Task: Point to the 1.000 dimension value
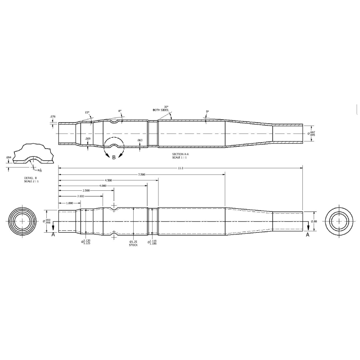pyautogui.click(x=70, y=203)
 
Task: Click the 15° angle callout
pyautogui.click(x=87, y=112)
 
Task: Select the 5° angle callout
pyautogui.click(x=207, y=112)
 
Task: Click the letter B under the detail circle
pyautogui.click(x=114, y=157)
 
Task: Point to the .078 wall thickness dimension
pyautogui.click(x=53, y=117)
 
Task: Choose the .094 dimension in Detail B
pyautogui.click(x=9, y=157)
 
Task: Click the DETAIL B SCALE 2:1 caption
pyautogui.click(x=31, y=180)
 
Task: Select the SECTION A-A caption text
pyautogui.click(x=181, y=156)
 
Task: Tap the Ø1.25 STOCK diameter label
pyautogui.click(x=133, y=243)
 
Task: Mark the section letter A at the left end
pyautogui.click(x=53, y=234)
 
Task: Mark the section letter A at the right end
pyautogui.click(x=308, y=234)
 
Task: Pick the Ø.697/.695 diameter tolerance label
pyautogui.click(x=311, y=134)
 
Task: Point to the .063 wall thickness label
pyautogui.click(x=139, y=140)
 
